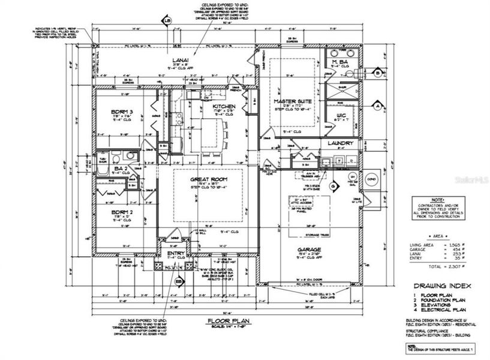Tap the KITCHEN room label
pyautogui.click(x=223, y=106)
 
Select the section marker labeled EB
pyautogui.click(x=178, y=280)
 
